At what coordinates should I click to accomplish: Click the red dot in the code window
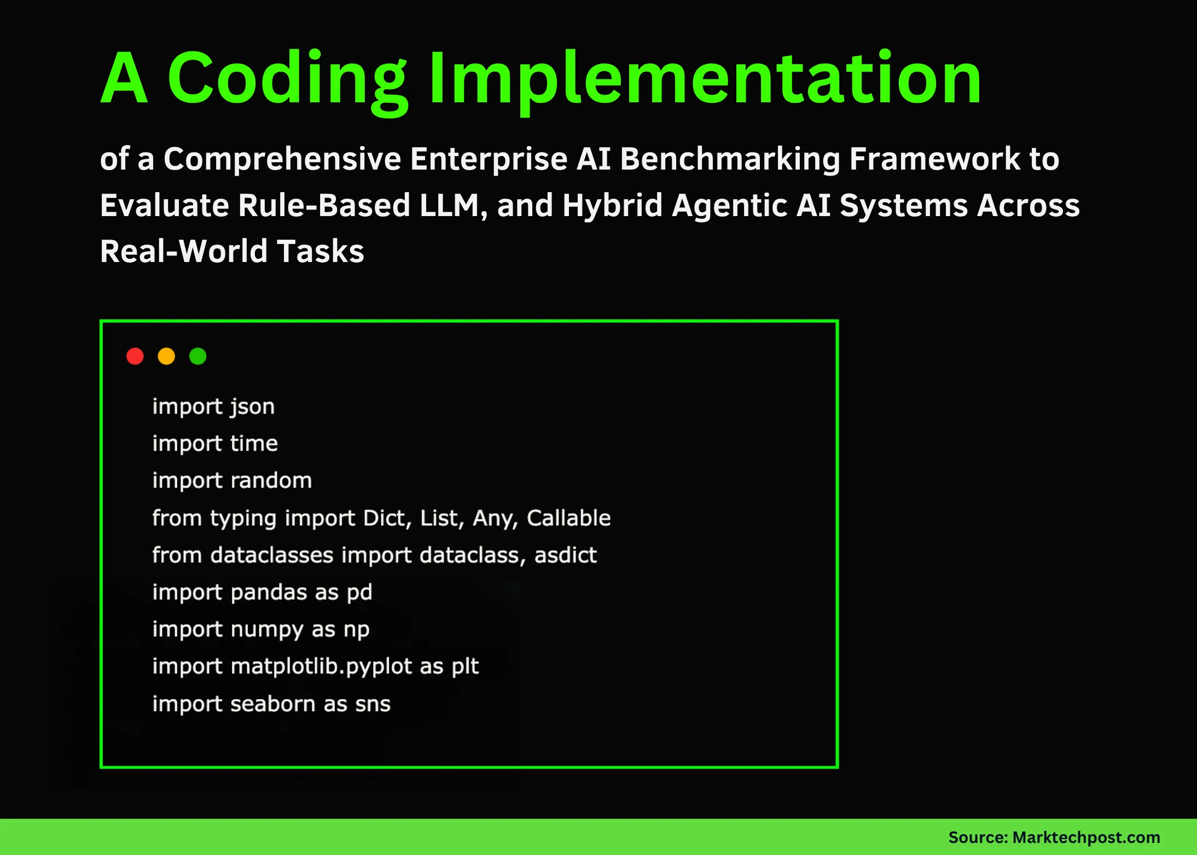(x=135, y=356)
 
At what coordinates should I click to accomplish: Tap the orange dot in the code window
(x=166, y=356)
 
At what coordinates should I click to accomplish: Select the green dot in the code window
(x=197, y=356)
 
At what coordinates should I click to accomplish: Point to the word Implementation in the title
(x=706, y=78)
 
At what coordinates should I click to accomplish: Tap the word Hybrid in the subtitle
(x=612, y=206)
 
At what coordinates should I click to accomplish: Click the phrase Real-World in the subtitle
(x=184, y=252)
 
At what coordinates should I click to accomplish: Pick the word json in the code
(x=252, y=407)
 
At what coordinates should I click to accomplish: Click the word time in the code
(x=254, y=444)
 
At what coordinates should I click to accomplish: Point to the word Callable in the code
(x=568, y=518)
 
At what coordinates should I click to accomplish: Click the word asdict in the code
(x=565, y=555)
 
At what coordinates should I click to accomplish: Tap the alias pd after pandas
(x=359, y=592)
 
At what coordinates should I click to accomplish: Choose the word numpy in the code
(x=266, y=630)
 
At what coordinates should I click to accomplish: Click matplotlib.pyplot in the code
(x=321, y=667)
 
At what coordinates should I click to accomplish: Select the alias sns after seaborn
(x=373, y=704)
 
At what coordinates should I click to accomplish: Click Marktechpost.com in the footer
(x=1086, y=837)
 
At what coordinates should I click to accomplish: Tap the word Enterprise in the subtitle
(x=489, y=159)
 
